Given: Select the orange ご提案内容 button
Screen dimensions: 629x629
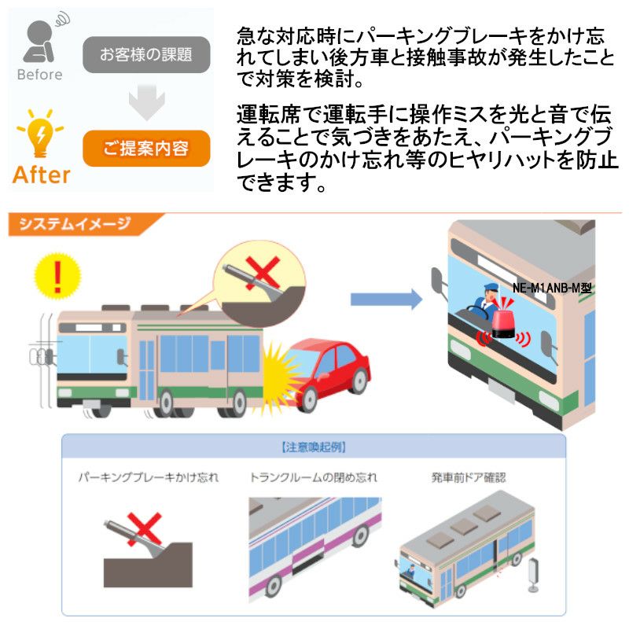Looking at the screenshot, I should tap(146, 149).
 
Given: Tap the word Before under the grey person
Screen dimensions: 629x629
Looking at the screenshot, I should tap(39, 75).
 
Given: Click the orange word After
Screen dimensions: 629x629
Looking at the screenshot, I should tap(41, 175).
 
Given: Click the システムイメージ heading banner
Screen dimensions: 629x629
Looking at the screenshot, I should tap(75, 224).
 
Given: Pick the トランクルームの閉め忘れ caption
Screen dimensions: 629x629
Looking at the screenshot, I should tap(314, 477).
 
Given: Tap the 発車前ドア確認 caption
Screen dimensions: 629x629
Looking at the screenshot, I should tap(469, 477).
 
